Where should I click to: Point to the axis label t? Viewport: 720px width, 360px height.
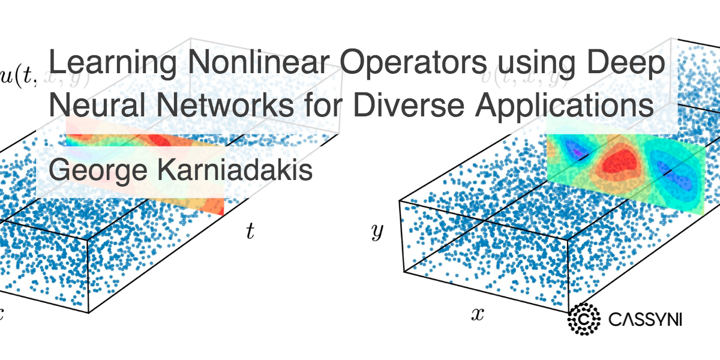point(250,232)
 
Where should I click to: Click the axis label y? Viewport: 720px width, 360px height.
point(377,232)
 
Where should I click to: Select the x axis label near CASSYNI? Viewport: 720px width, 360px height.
point(477,314)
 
